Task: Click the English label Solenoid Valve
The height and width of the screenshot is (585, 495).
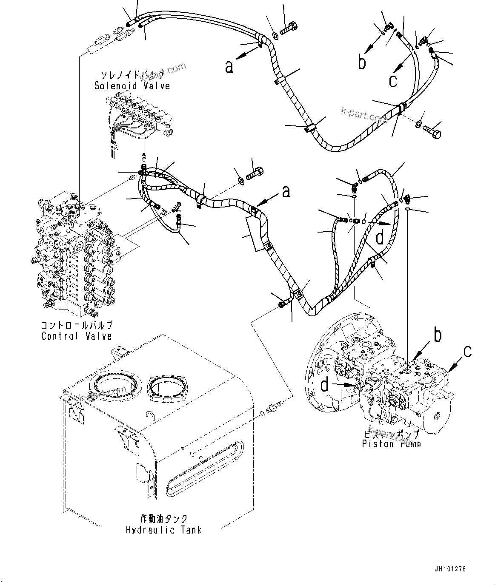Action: point(132,86)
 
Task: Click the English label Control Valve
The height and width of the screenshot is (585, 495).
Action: point(77,336)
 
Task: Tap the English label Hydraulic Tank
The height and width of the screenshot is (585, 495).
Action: point(164,530)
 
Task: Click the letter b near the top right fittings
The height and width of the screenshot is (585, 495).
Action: point(362,62)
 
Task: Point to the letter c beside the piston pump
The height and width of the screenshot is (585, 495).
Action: point(467,351)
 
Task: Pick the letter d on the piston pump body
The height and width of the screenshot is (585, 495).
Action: point(325,385)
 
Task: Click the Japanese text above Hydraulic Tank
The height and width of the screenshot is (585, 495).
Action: point(164,519)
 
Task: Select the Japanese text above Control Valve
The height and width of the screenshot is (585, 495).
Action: point(77,326)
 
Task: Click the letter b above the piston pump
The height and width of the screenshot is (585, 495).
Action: point(437,335)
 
